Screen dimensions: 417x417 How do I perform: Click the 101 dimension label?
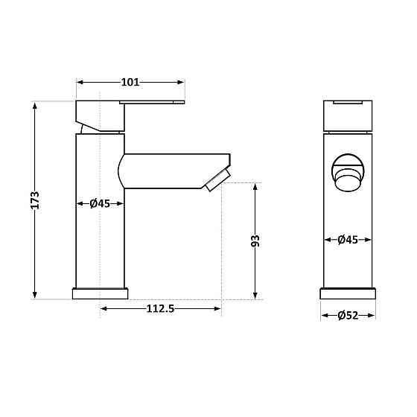click(x=130, y=82)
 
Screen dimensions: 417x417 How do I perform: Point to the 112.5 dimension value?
click(x=160, y=309)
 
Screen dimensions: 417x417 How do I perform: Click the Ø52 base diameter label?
click(x=348, y=316)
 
